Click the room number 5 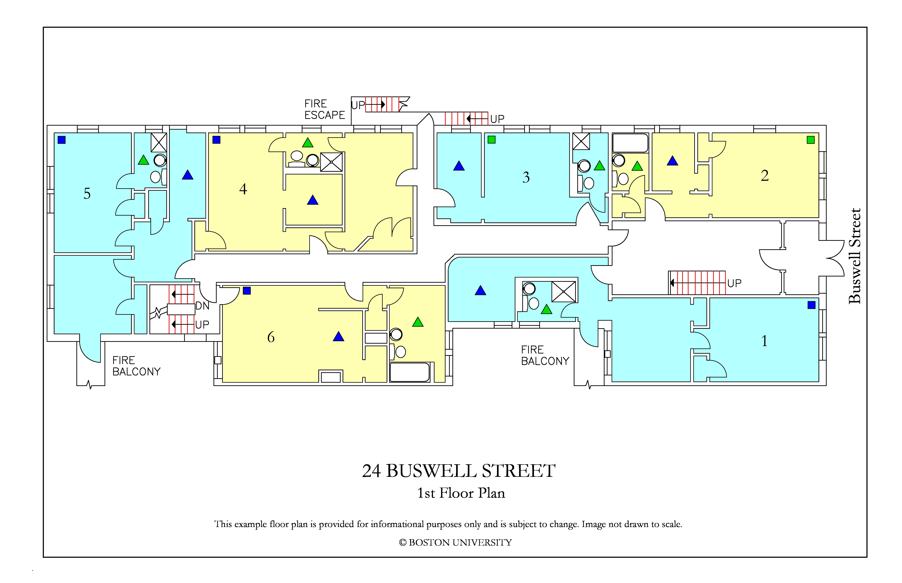pos(87,193)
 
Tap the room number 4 pos(243,189)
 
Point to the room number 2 pos(765,175)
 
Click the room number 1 pos(764,341)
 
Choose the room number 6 pos(271,337)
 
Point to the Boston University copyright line pos(455,543)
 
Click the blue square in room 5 pos(61,140)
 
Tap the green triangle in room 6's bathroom pos(418,322)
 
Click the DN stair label pos(202,306)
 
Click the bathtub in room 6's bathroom pos(410,372)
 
